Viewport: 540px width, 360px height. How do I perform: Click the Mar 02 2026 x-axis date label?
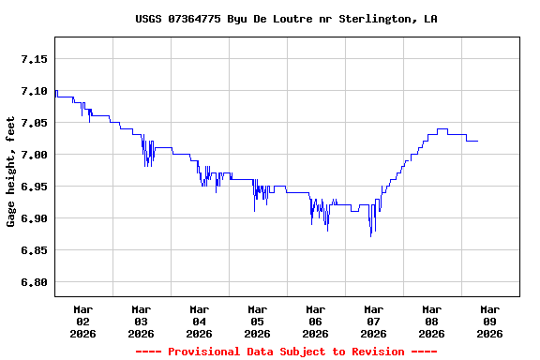tap(83, 321)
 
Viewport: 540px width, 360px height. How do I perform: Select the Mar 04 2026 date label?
tap(200, 321)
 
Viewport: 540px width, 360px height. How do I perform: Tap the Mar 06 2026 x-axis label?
tap(316, 321)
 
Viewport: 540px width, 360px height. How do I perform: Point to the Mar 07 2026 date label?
tap(374, 321)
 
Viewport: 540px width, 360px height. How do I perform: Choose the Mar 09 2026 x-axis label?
tap(490, 321)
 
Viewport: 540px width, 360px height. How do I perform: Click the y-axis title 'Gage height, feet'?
tap(11, 172)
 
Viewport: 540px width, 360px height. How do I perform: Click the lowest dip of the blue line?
tap(371, 235)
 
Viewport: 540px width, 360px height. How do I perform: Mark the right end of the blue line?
tap(477, 141)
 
